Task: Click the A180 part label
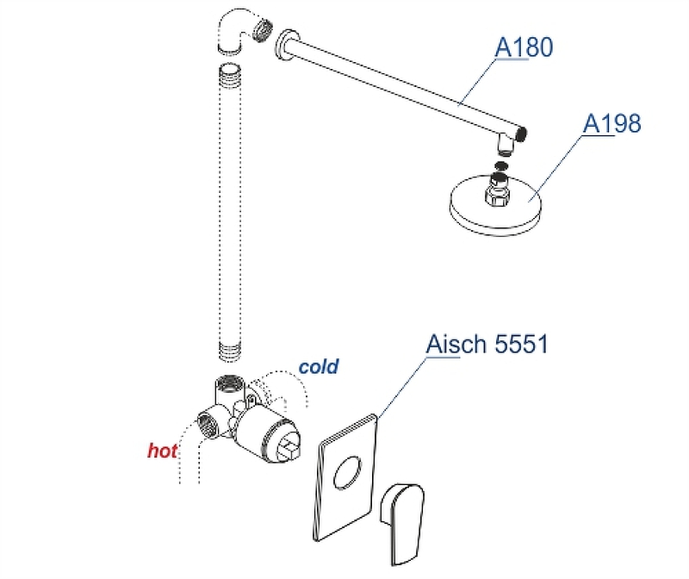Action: tap(524, 47)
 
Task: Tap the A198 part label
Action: tap(612, 124)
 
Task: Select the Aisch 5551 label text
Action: tap(487, 345)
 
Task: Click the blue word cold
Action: tap(319, 367)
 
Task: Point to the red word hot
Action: tap(162, 451)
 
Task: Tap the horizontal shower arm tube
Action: tap(405, 85)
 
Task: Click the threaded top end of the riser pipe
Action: tap(231, 70)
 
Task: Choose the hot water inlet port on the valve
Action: tap(208, 422)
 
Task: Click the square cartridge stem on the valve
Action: tap(289, 446)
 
